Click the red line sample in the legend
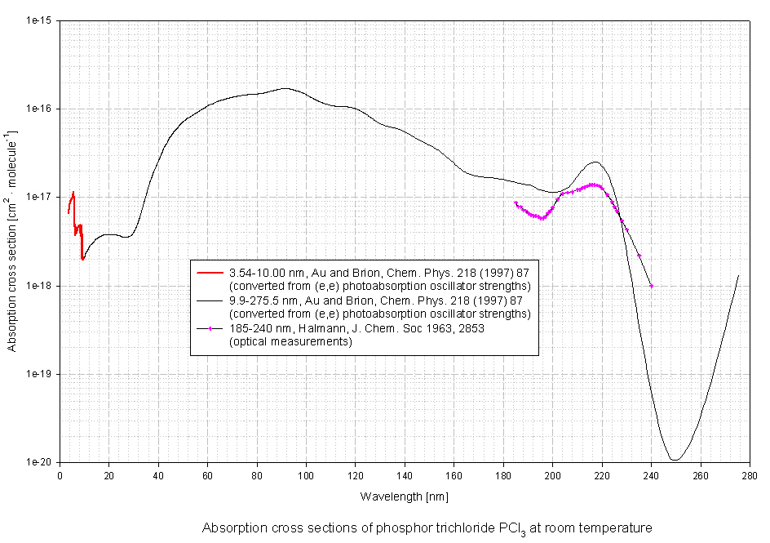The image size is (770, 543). coord(210,273)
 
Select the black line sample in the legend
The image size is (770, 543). coord(210,300)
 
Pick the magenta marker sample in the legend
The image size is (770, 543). coord(210,329)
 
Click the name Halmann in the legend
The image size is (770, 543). coord(303,329)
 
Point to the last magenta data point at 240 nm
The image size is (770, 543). coord(651,286)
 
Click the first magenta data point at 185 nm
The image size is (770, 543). coord(516,203)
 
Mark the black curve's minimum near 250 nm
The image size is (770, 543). coord(675,460)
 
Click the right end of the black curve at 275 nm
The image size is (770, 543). coord(738,276)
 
